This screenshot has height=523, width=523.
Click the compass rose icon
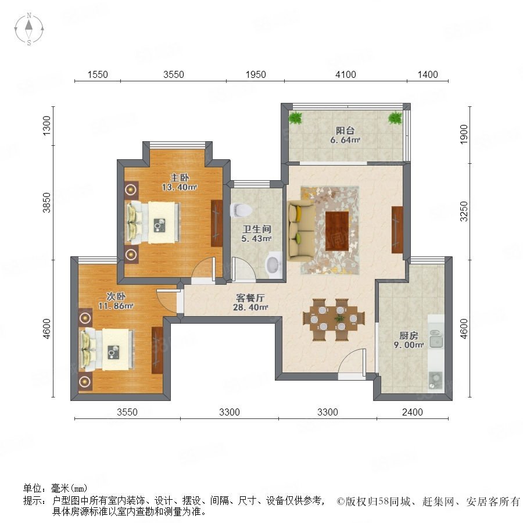pyautogui.click(x=29, y=29)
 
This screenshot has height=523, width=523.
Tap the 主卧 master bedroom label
pyautogui.click(x=180, y=177)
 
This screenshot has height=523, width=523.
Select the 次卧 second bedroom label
pyautogui.click(x=116, y=296)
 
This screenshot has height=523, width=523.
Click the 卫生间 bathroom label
pyautogui.click(x=256, y=229)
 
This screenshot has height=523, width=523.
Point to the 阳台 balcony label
pyautogui.click(x=345, y=130)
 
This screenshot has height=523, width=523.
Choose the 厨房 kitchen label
pyautogui.click(x=409, y=335)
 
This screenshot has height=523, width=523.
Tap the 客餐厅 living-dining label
pyautogui.click(x=250, y=298)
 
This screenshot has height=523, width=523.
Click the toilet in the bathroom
pyautogui.click(x=241, y=210)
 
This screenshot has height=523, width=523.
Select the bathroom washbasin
pyautogui.click(x=274, y=265)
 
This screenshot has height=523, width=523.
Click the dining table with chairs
pyautogui.click(x=334, y=320)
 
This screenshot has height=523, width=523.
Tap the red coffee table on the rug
pyautogui.click(x=337, y=231)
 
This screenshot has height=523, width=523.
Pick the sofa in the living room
pyautogui.click(x=301, y=231)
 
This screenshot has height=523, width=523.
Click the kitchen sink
pyautogui.click(x=436, y=339)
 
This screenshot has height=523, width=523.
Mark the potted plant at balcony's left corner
pyautogui.click(x=296, y=118)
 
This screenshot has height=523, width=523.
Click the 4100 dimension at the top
pyautogui.click(x=346, y=74)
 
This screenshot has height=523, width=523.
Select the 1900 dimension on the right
pyautogui.click(x=464, y=134)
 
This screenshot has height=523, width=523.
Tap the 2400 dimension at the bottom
pyautogui.click(x=412, y=412)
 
